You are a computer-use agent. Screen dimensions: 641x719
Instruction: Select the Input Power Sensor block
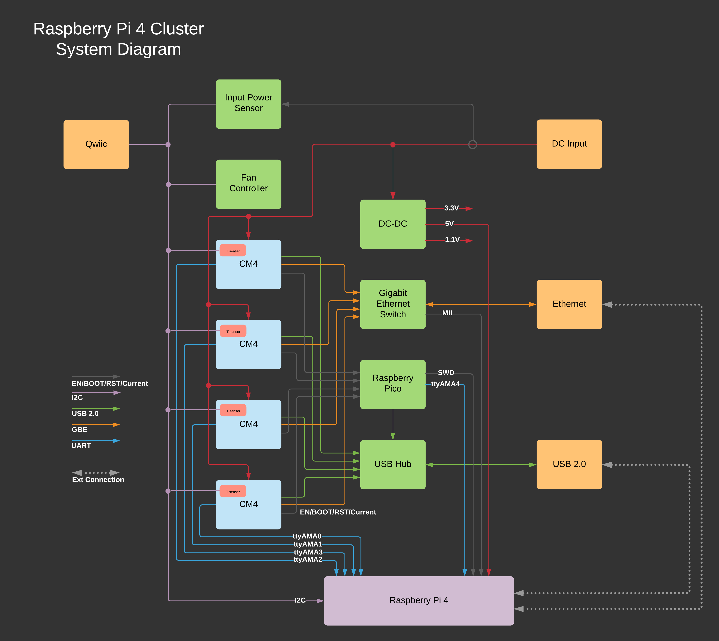tap(249, 104)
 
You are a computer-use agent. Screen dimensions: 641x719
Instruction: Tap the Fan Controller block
tap(249, 184)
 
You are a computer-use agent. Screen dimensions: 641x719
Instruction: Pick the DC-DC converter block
tap(393, 224)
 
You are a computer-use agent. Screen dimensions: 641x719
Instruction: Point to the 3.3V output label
tap(451, 208)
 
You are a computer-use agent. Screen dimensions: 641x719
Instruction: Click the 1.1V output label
tap(452, 240)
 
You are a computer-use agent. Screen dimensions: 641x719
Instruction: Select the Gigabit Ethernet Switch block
tap(393, 304)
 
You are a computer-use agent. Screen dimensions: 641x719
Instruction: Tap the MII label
tap(447, 313)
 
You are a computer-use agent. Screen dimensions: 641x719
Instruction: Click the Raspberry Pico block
tap(393, 384)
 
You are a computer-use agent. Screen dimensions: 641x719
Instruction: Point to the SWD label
tap(446, 373)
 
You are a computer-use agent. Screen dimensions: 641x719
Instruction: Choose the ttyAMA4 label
tap(445, 384)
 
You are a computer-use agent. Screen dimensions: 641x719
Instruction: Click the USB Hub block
tap(393, 464)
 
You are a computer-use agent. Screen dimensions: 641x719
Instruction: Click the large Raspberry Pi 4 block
tap(419, 600)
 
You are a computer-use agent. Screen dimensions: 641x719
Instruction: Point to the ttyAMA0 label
tap(307, 536)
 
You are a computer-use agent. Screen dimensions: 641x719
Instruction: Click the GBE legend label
tap(79, 429)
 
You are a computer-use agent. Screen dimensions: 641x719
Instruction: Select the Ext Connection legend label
tap(98, 480)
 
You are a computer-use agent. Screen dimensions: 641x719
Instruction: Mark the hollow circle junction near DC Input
tap(473, 144)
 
